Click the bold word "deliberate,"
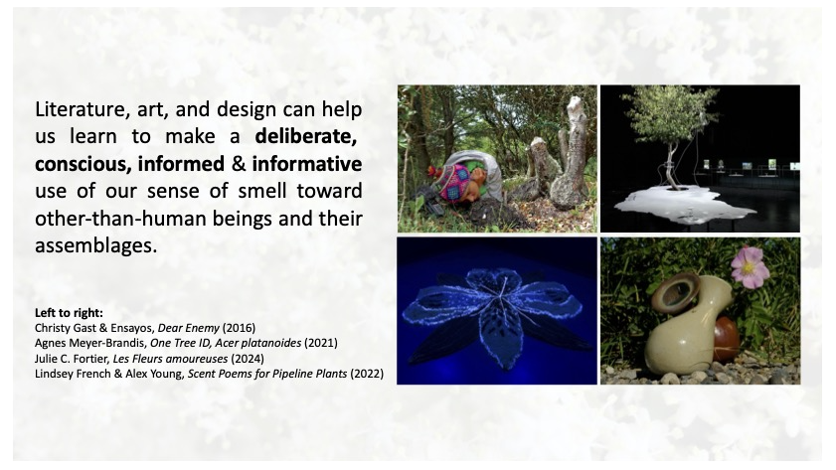[305, 137]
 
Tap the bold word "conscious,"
[84, 164]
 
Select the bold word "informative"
[307, 164]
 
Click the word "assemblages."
[96, 245]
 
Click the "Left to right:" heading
[69, 313]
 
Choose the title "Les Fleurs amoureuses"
[170, 359]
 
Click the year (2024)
[248, 359]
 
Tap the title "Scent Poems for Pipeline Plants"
[267, 374]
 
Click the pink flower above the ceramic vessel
[751, 267]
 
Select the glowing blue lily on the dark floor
[493, 313]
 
